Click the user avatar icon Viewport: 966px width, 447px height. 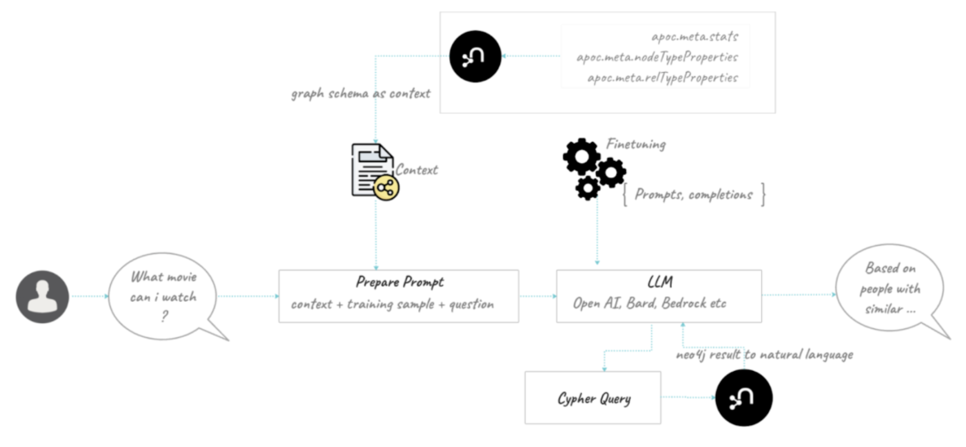[42, 296]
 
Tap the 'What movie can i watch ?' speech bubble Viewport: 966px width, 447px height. [163, 296]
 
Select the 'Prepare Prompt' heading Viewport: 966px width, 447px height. [399, 282]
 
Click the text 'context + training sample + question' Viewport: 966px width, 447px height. [392, 304]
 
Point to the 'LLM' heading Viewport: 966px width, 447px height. [660, 282]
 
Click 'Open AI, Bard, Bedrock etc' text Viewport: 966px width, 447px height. [649, 303]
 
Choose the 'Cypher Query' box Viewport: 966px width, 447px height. [593, 398]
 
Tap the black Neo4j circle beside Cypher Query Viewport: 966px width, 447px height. [743, 398]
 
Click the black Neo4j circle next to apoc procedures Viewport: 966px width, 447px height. [475, 56]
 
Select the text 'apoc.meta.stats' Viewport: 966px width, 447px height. [694, 36]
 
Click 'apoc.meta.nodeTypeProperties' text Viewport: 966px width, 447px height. [657, 57]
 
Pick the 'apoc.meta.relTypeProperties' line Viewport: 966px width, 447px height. [662, 78]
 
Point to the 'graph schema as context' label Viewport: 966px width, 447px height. [361, 94]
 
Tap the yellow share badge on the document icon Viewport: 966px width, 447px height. [386, 188]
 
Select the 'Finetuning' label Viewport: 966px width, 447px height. [636, 144]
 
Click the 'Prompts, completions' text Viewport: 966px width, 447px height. [693, 195]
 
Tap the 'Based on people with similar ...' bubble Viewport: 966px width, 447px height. [890, 288]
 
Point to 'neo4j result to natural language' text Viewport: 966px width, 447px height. [765, 355]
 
